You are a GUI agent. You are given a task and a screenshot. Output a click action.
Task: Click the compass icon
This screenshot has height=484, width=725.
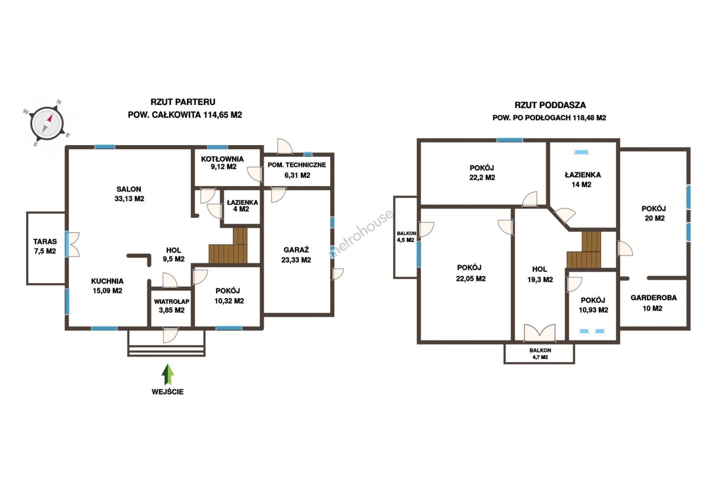47,124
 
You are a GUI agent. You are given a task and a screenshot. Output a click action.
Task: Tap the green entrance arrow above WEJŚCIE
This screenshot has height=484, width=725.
168,374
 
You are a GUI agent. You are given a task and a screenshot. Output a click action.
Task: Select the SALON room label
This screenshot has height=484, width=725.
129,194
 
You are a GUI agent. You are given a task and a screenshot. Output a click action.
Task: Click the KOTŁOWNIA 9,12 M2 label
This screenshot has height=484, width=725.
223,163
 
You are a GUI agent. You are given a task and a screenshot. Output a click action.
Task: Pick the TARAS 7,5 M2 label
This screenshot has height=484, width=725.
45,246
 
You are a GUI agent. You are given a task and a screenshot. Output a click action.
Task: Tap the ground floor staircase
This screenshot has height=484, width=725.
228,246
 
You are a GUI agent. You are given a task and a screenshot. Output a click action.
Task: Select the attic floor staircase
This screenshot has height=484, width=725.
584,250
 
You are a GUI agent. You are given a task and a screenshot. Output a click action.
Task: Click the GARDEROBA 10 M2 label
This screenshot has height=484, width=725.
653,303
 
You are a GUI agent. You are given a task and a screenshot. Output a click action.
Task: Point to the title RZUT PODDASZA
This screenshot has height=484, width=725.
550,105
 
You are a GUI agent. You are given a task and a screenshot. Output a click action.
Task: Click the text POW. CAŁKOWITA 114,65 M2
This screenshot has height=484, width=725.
185,115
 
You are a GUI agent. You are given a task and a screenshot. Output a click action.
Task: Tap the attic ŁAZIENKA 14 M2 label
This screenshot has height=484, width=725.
583,180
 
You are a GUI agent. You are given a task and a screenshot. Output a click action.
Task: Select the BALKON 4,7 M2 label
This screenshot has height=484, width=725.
540,354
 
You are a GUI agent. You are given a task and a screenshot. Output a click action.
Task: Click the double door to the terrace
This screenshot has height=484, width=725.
72,244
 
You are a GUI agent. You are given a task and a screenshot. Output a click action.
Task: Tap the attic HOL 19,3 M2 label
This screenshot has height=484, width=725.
540,274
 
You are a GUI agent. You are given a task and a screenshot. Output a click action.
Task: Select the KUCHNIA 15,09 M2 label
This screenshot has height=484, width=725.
107,285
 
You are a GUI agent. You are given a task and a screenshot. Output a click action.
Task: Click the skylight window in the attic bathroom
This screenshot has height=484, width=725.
581,152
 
